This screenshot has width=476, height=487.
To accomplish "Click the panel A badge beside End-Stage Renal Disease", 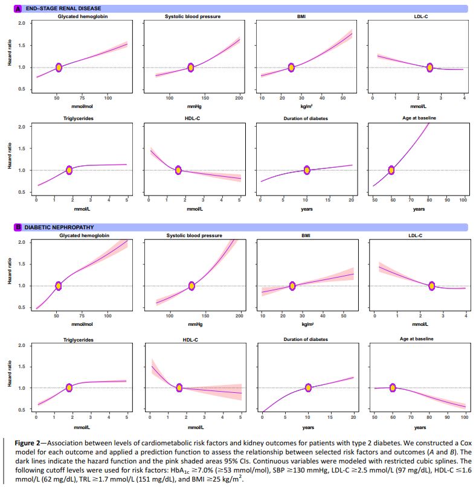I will [18, 8].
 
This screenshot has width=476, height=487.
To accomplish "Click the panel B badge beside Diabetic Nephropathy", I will [18, 228].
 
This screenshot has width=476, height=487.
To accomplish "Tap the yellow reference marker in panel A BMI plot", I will [291, 68].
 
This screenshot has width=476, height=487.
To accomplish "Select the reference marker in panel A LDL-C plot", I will [429, 68].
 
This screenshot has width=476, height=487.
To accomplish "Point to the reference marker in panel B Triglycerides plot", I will [69, 387].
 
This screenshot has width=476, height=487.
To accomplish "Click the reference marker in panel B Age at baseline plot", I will [393, 387].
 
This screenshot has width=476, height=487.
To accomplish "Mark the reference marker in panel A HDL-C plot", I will [178, 170].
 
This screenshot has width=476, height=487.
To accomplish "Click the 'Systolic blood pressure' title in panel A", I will [192, 16].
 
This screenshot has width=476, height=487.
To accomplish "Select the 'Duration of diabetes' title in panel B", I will [306, 339].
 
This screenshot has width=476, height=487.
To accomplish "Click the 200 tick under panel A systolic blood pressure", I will [239, 98].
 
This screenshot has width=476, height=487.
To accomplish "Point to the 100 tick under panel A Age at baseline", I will [463, 199].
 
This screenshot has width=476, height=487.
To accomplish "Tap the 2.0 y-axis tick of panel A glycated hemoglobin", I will [22, 23].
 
